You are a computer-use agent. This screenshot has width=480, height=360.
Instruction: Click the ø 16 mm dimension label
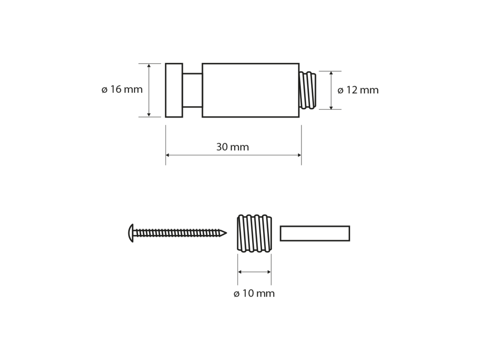tap(122, 90)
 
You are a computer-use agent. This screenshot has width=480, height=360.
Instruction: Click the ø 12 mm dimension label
tap(358, 90)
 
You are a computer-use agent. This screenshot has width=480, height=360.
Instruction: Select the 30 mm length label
tap(232, 147)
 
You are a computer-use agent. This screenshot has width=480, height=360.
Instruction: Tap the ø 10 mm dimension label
tap(254, 293)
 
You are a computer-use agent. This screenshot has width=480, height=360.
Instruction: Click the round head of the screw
tap(131, 233)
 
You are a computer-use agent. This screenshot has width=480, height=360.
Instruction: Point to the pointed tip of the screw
tap(226, 233)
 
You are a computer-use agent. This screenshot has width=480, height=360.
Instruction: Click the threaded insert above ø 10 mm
tap(255, 233)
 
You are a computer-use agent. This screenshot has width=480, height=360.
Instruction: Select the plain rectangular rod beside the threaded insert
tap(315, 233)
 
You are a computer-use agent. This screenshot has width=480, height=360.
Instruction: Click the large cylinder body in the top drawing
tap(250, 90)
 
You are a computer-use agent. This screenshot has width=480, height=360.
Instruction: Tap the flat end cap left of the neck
tap(174, 90)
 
